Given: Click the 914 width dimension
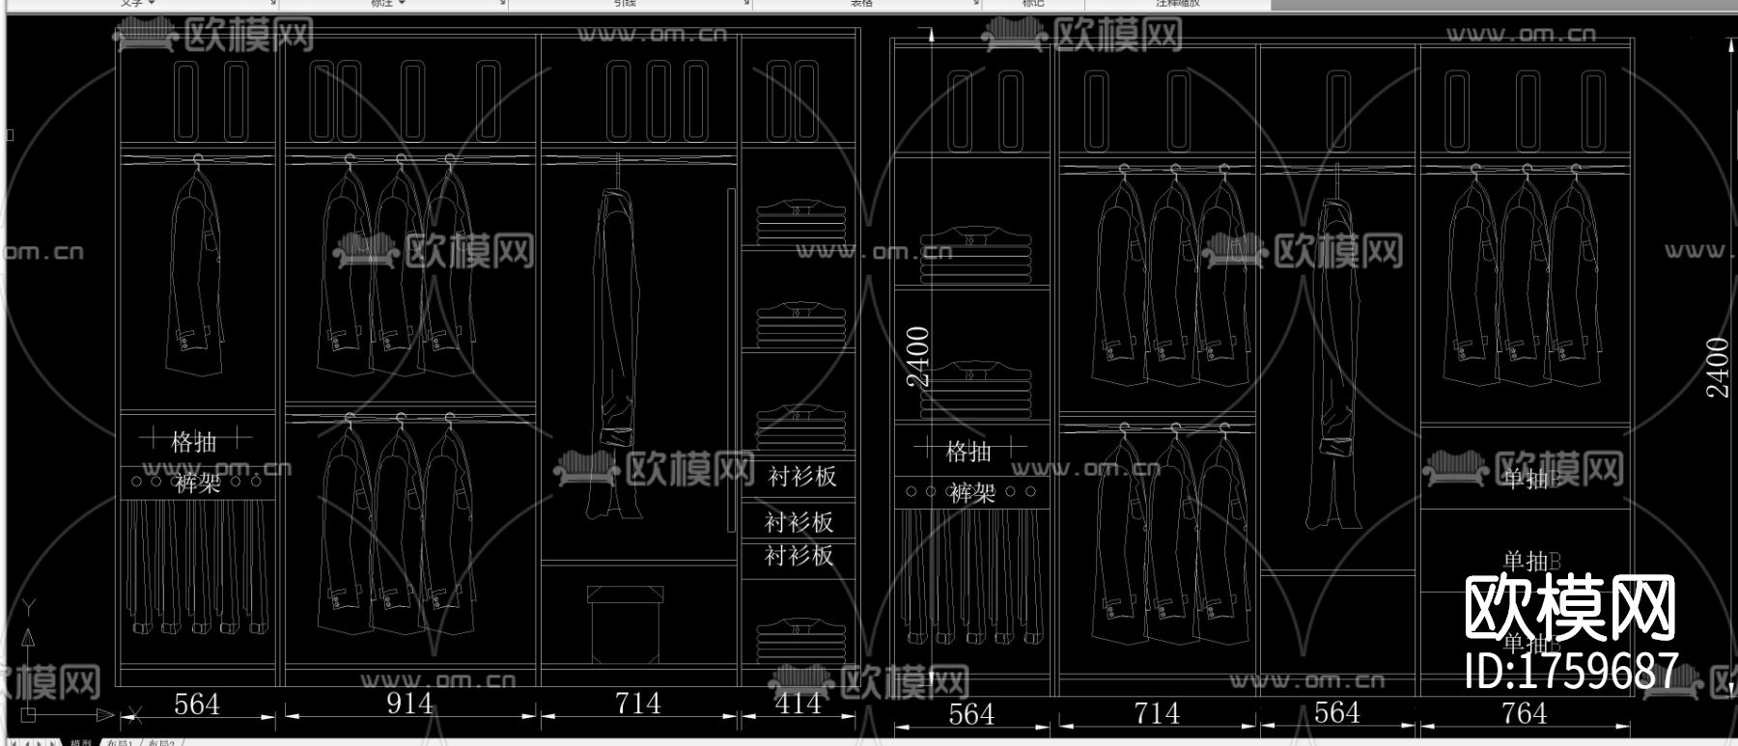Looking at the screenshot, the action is (x=409, y=703).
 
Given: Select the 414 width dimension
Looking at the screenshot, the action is (x=799, y=703).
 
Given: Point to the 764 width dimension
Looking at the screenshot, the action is (x=1524, y=713).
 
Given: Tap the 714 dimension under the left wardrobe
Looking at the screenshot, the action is (x=637, y=703).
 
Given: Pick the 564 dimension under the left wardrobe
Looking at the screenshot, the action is (x=197, y=704).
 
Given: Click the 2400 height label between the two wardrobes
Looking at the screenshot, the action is (x=918, y=356).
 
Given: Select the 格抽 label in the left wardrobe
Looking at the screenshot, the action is (x=194, y=442).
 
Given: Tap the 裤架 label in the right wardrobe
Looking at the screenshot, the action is (x=971, y=493).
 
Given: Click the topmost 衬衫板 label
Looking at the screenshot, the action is (x=801, y=476).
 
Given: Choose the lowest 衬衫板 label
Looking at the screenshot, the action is (x=799, y=555).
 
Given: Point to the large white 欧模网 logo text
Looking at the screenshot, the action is (x=1569, y=607).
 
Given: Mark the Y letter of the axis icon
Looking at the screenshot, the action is (x=29, y=607).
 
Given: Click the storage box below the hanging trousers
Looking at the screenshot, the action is (x=626, y=622).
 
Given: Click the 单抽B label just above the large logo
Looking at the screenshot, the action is (x=1531, y=561).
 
